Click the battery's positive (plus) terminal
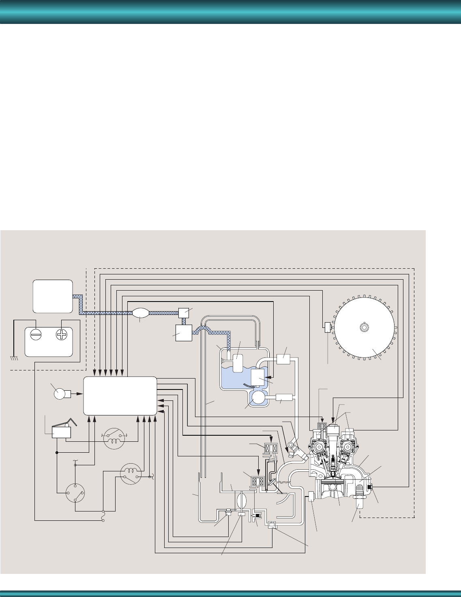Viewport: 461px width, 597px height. coord(61,336)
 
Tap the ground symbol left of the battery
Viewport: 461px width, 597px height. coord(14,358)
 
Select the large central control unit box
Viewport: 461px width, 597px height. coord(120,396)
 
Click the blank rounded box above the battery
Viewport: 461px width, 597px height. coord(53,296)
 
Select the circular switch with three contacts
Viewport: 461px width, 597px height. coord(75,492)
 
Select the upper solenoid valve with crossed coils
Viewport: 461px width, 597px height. coord(270,449)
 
